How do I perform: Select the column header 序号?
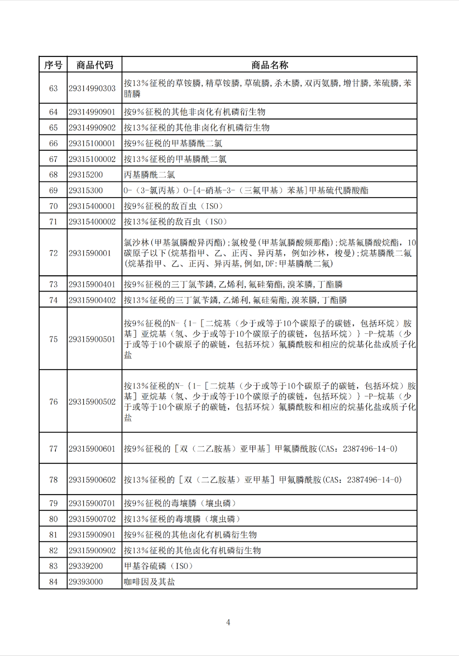tap(53, 65)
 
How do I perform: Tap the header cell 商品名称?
tap(269, 65)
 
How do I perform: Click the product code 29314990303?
tap(92, 88)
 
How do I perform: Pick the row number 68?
tap(53, 175)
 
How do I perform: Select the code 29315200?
tap(85, 175)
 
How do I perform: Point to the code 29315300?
tap(85, 190)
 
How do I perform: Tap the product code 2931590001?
tap(90, 253)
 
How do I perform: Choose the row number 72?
tap(53, 253)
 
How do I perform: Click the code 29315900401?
tap(92, 284)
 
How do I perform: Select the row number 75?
tap(53, 339)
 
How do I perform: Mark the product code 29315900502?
tap(92, 401)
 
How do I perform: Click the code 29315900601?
tap(92, 448)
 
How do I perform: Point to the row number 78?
tap(53, 480)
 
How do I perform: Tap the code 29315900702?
tap(92, 519)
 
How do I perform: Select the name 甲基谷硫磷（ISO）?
tap(158, 566)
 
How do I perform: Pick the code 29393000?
tap(85, 581)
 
